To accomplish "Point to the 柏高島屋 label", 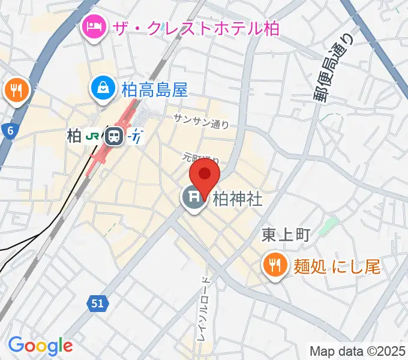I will click(155, 89).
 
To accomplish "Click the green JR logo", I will click(93, 136).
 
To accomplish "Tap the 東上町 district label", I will click(286, 236).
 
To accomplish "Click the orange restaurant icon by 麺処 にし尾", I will click(275, 265).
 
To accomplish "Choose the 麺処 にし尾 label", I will click(337, 265).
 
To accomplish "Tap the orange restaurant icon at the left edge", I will click(14, 91).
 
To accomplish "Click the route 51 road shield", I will click(97, 304).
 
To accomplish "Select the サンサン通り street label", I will click(201, 121).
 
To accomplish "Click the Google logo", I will click(40, 346).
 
